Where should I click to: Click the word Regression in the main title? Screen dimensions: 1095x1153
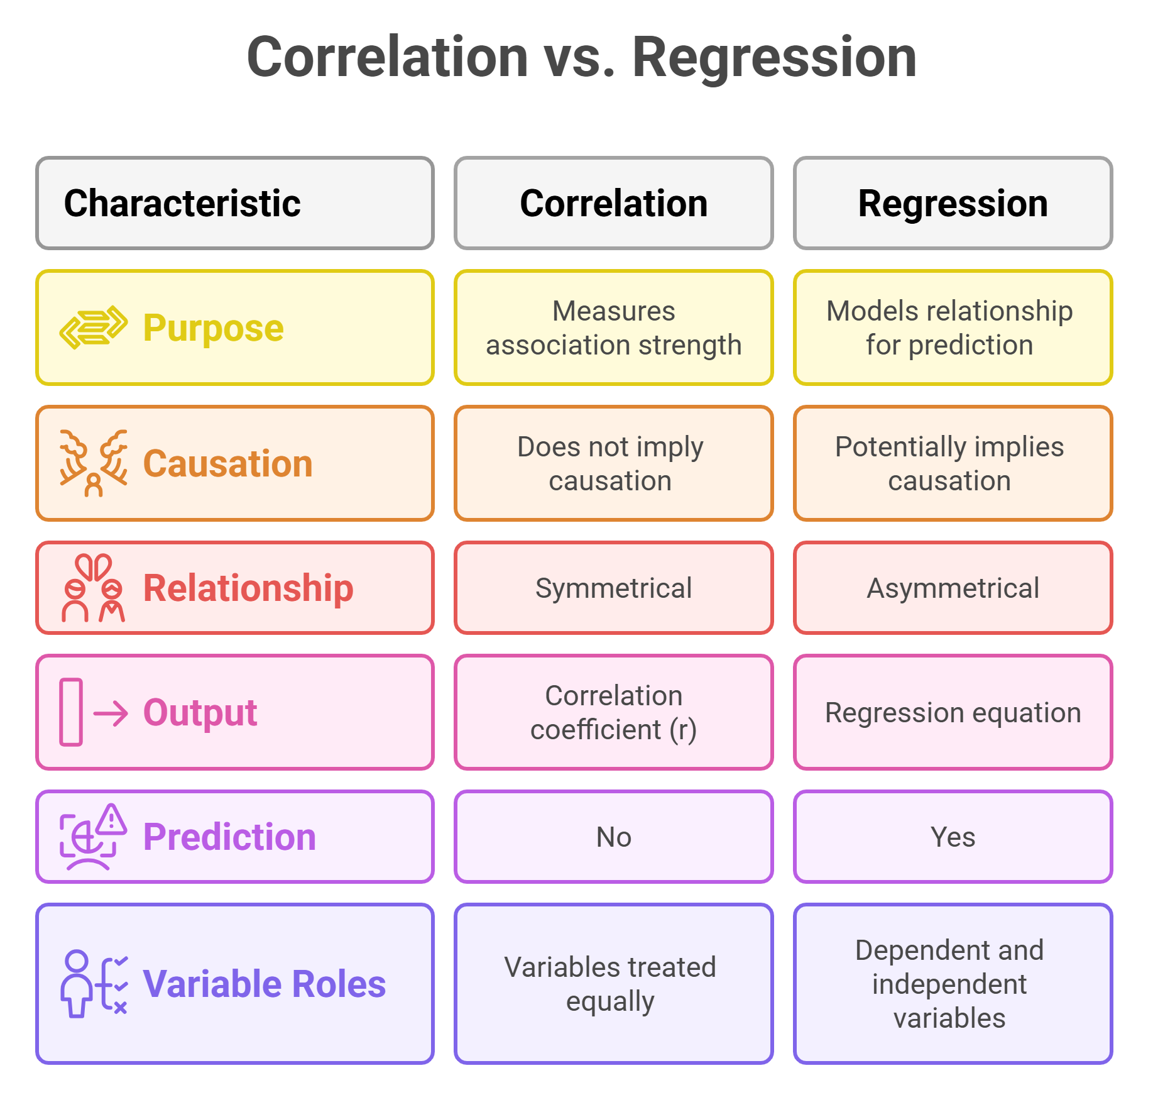(773, 58)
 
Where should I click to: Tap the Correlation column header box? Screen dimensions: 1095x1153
(613, 203)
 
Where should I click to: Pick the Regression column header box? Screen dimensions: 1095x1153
(953, 203)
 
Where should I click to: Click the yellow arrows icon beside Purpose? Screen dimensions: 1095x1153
(93, 327)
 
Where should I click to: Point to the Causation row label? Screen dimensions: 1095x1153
(227, 464)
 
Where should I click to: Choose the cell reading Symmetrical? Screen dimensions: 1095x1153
(613, 588)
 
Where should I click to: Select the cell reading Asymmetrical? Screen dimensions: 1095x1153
(953, 588)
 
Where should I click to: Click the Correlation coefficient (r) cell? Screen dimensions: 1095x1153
(613, 712)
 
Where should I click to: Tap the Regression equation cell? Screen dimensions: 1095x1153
(953, 712)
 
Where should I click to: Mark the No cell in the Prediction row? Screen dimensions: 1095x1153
(613, 837)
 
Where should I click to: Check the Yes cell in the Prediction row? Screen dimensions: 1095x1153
(953, 837)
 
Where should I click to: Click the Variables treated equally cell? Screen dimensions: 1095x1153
(613, 984)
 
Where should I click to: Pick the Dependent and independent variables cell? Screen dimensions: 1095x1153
(953, 984)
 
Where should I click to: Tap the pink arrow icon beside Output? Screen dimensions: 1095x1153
(111, 713)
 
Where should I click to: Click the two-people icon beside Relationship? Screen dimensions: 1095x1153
(93, 588)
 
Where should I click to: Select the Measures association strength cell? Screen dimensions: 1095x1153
(613, 327)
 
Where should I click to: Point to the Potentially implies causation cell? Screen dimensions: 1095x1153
(953, 464)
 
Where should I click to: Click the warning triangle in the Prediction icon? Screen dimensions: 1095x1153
(112, 820)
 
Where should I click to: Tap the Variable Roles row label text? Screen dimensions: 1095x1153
(264, 984)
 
